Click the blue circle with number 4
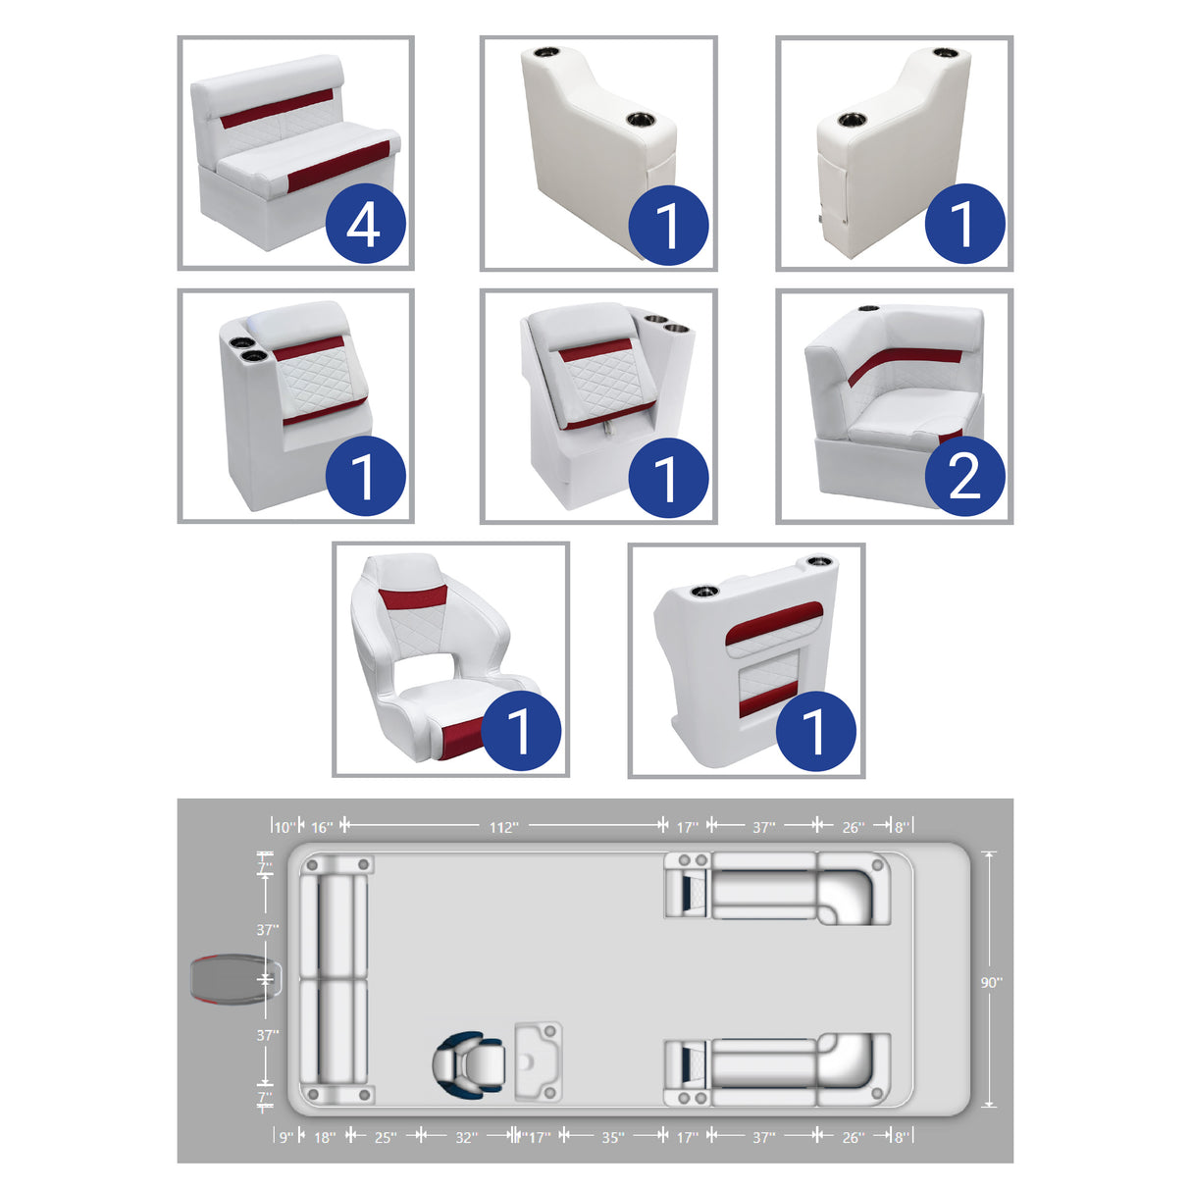coord(365,223)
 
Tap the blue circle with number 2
coord(964,476)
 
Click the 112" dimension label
coord(503,827)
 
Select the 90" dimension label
coord(992,982)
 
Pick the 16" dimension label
coord(322,827)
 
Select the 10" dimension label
coord(285,827)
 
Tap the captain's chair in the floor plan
coord(469,1064)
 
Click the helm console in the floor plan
coord(539,1062)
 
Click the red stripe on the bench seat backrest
coord(278,108)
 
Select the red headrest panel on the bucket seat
coord(413,597)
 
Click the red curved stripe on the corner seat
coord(905,365)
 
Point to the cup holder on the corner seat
coord(869,308)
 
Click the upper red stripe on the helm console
coord(774,623)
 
